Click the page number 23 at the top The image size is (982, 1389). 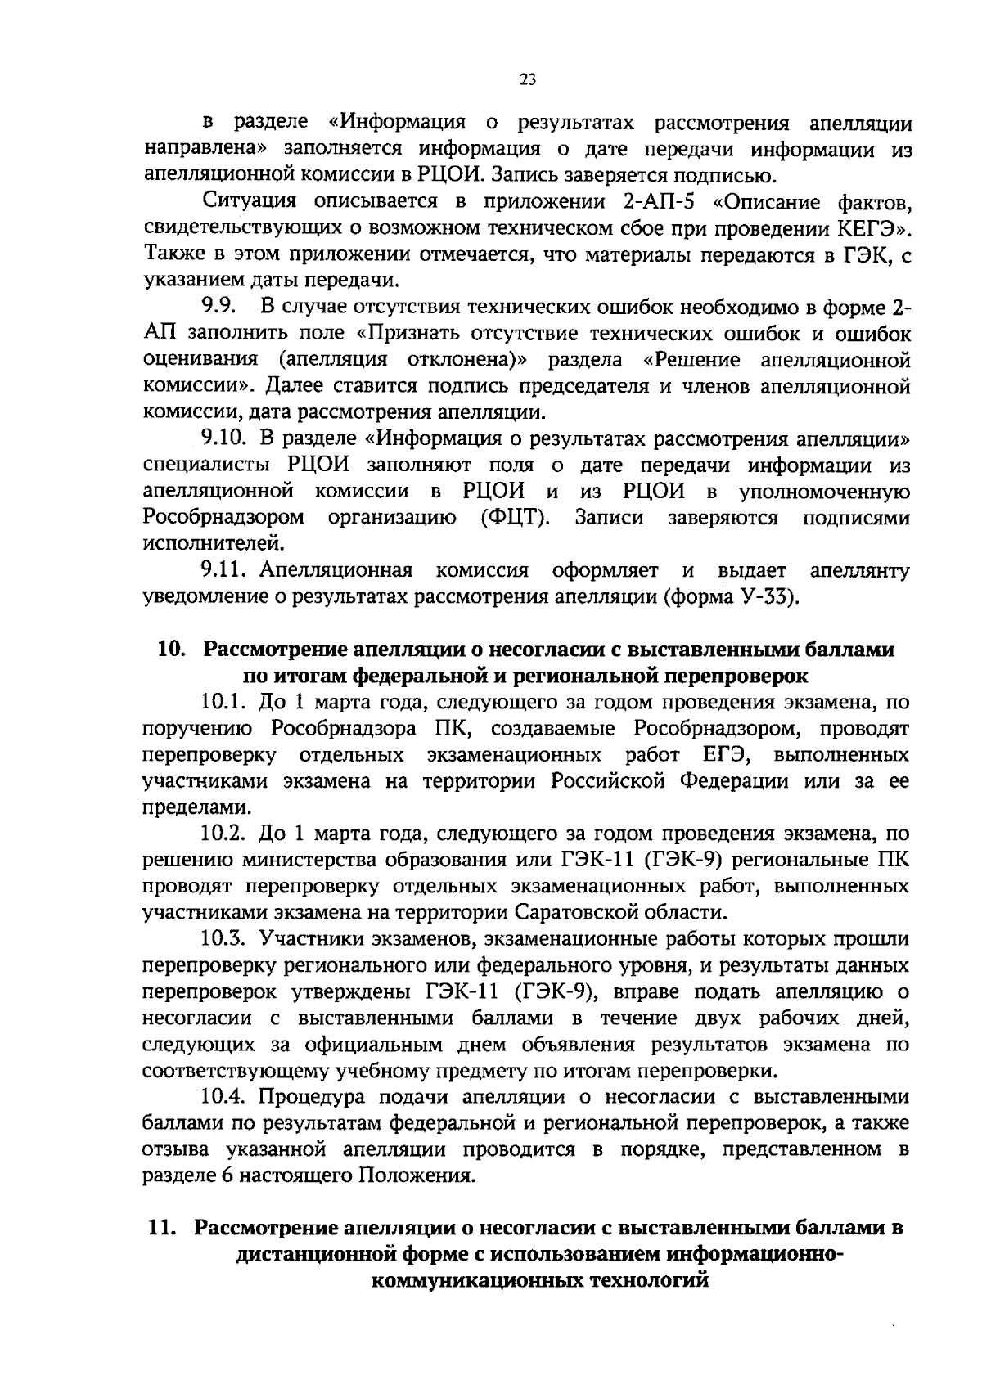pos(527,79)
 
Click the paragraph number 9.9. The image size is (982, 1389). pos(219,307)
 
